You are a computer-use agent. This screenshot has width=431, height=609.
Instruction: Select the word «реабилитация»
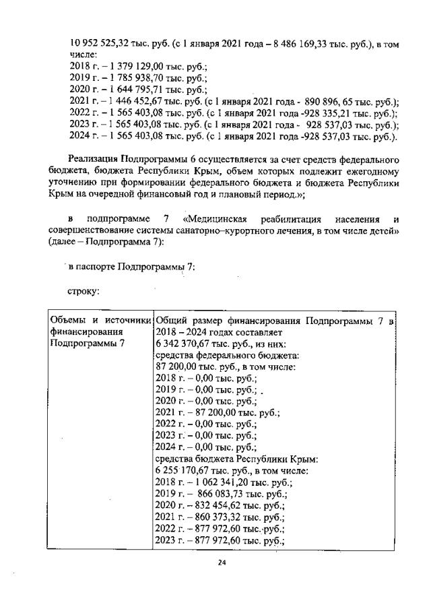tap(315, 220)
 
